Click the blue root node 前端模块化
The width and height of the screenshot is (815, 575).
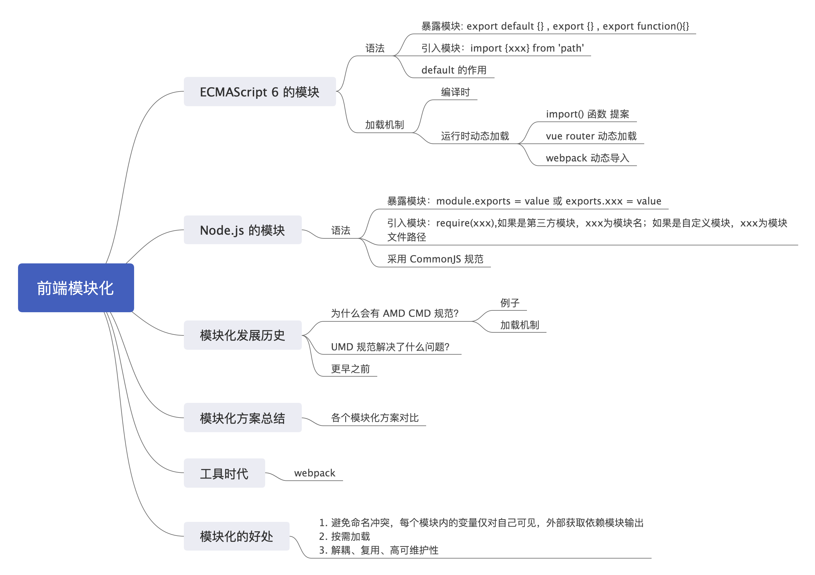click(76, 288)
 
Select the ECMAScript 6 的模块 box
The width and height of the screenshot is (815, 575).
click(259, 92)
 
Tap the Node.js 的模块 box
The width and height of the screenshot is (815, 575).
click(243, 230)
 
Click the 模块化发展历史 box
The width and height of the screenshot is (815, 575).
click(243, 335)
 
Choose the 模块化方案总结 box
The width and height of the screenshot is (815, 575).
click(243, 418)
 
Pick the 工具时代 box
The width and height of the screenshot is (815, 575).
click(224, 473)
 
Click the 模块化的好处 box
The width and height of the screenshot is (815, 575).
click(236, 536)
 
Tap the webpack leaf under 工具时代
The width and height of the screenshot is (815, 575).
click(315, 473)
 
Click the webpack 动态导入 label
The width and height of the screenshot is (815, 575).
click(587, 158)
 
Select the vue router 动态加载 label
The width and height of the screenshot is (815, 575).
click(591, 136)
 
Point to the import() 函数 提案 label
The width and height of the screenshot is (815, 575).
click(587, 114)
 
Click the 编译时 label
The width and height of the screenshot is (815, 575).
click(455, 92)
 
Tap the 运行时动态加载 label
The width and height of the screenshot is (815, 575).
click(475, 136)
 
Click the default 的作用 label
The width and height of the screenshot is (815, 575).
click(454, 70)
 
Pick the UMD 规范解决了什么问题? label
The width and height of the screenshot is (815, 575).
click(390, 347)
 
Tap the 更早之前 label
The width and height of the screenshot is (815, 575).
click(350, 369)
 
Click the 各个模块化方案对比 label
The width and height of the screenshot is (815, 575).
click(375, 418)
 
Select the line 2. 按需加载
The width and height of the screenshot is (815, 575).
click(345, 536)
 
